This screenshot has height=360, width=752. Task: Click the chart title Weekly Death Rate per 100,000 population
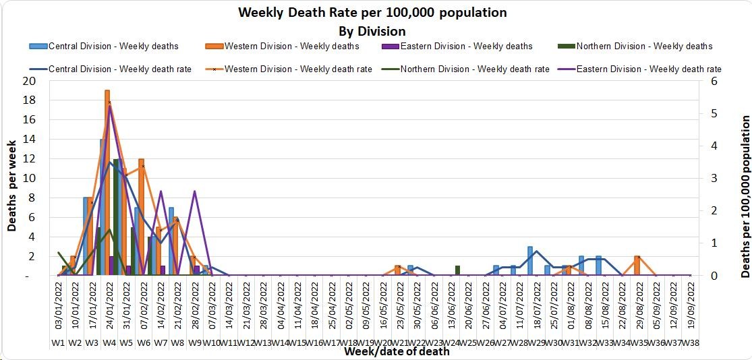pos(372,13)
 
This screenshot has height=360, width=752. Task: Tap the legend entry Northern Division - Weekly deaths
pos(644,47)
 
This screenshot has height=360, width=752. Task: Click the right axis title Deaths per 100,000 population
pos(745,196)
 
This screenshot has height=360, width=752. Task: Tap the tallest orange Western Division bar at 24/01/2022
pos(107,182)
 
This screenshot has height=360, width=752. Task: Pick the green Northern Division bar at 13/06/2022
pos(457,270)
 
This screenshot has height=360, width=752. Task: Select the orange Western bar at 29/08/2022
pos(637,266)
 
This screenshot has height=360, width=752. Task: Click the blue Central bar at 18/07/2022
pos(531,261)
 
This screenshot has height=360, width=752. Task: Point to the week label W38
pos(690,342)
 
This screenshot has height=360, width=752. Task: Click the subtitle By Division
pos(372,31)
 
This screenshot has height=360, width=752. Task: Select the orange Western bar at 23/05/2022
pos(398,270)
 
